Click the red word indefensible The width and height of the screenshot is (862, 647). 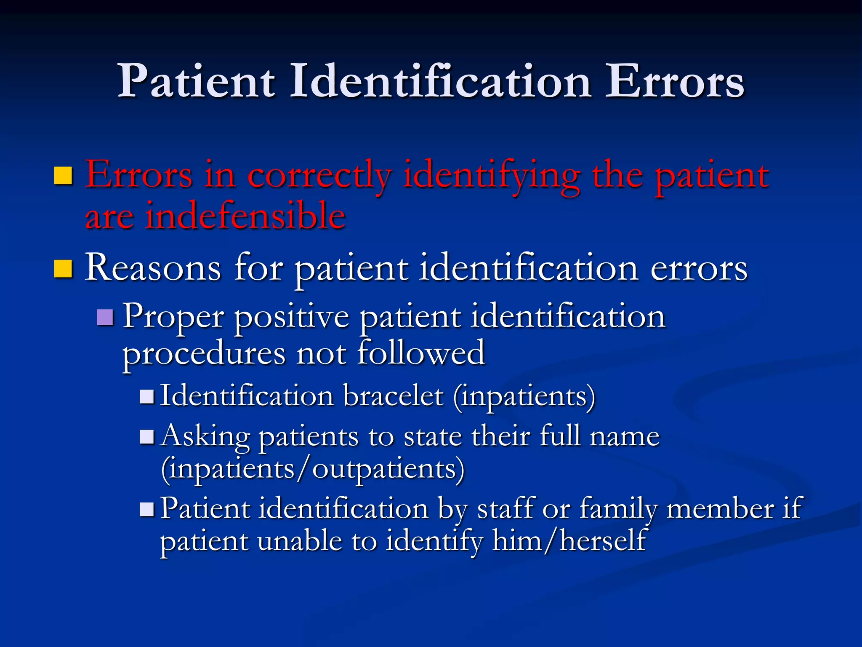pos(245,216)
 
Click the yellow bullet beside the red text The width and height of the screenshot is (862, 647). pos(64,176)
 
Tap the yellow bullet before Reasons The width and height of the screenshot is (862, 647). pos(64,269)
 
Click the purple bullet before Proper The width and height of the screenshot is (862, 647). pos(105,318)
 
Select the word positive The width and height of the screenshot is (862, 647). pos(292,318)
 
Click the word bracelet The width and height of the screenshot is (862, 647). pos(394,396)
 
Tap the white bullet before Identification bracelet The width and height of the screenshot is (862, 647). pos(147,397)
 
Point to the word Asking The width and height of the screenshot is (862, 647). pos(206,437)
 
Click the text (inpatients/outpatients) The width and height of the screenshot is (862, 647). pos(313,469)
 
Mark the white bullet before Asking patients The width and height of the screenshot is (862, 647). pos(147,437)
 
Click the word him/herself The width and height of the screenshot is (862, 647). pos(569,541)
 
